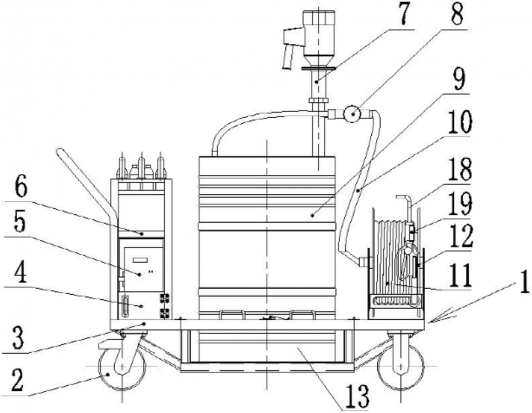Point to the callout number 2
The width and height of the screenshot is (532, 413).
coord(18,381)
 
